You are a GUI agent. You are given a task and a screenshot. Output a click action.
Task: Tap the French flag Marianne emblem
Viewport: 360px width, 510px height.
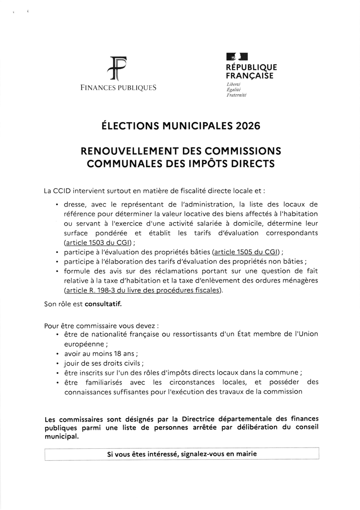coord(237,57)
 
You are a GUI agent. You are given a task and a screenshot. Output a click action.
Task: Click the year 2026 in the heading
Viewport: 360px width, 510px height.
coord(248,126)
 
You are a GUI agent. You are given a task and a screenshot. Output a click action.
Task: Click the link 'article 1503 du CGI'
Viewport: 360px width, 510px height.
coord(98,243)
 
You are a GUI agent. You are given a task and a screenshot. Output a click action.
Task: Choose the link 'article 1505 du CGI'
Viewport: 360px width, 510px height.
coord(246,252)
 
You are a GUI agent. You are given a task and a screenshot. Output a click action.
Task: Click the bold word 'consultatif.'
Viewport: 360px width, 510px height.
coord(103,304)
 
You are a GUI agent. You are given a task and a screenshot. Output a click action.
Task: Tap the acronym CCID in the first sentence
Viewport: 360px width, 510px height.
coord(62,191)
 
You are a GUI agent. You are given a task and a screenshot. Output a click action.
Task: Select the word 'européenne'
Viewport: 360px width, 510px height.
coord(84,344)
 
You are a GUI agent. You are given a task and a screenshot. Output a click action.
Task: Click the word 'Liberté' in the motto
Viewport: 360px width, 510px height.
coord(233,84)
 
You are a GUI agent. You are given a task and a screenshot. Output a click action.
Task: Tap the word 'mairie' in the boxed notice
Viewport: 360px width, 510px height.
coord(247,454)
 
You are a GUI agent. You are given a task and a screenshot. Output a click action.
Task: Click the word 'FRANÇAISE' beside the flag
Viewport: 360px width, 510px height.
coord(250,76)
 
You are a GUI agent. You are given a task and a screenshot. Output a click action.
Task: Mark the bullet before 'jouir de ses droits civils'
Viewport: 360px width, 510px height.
coord(58,363)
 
